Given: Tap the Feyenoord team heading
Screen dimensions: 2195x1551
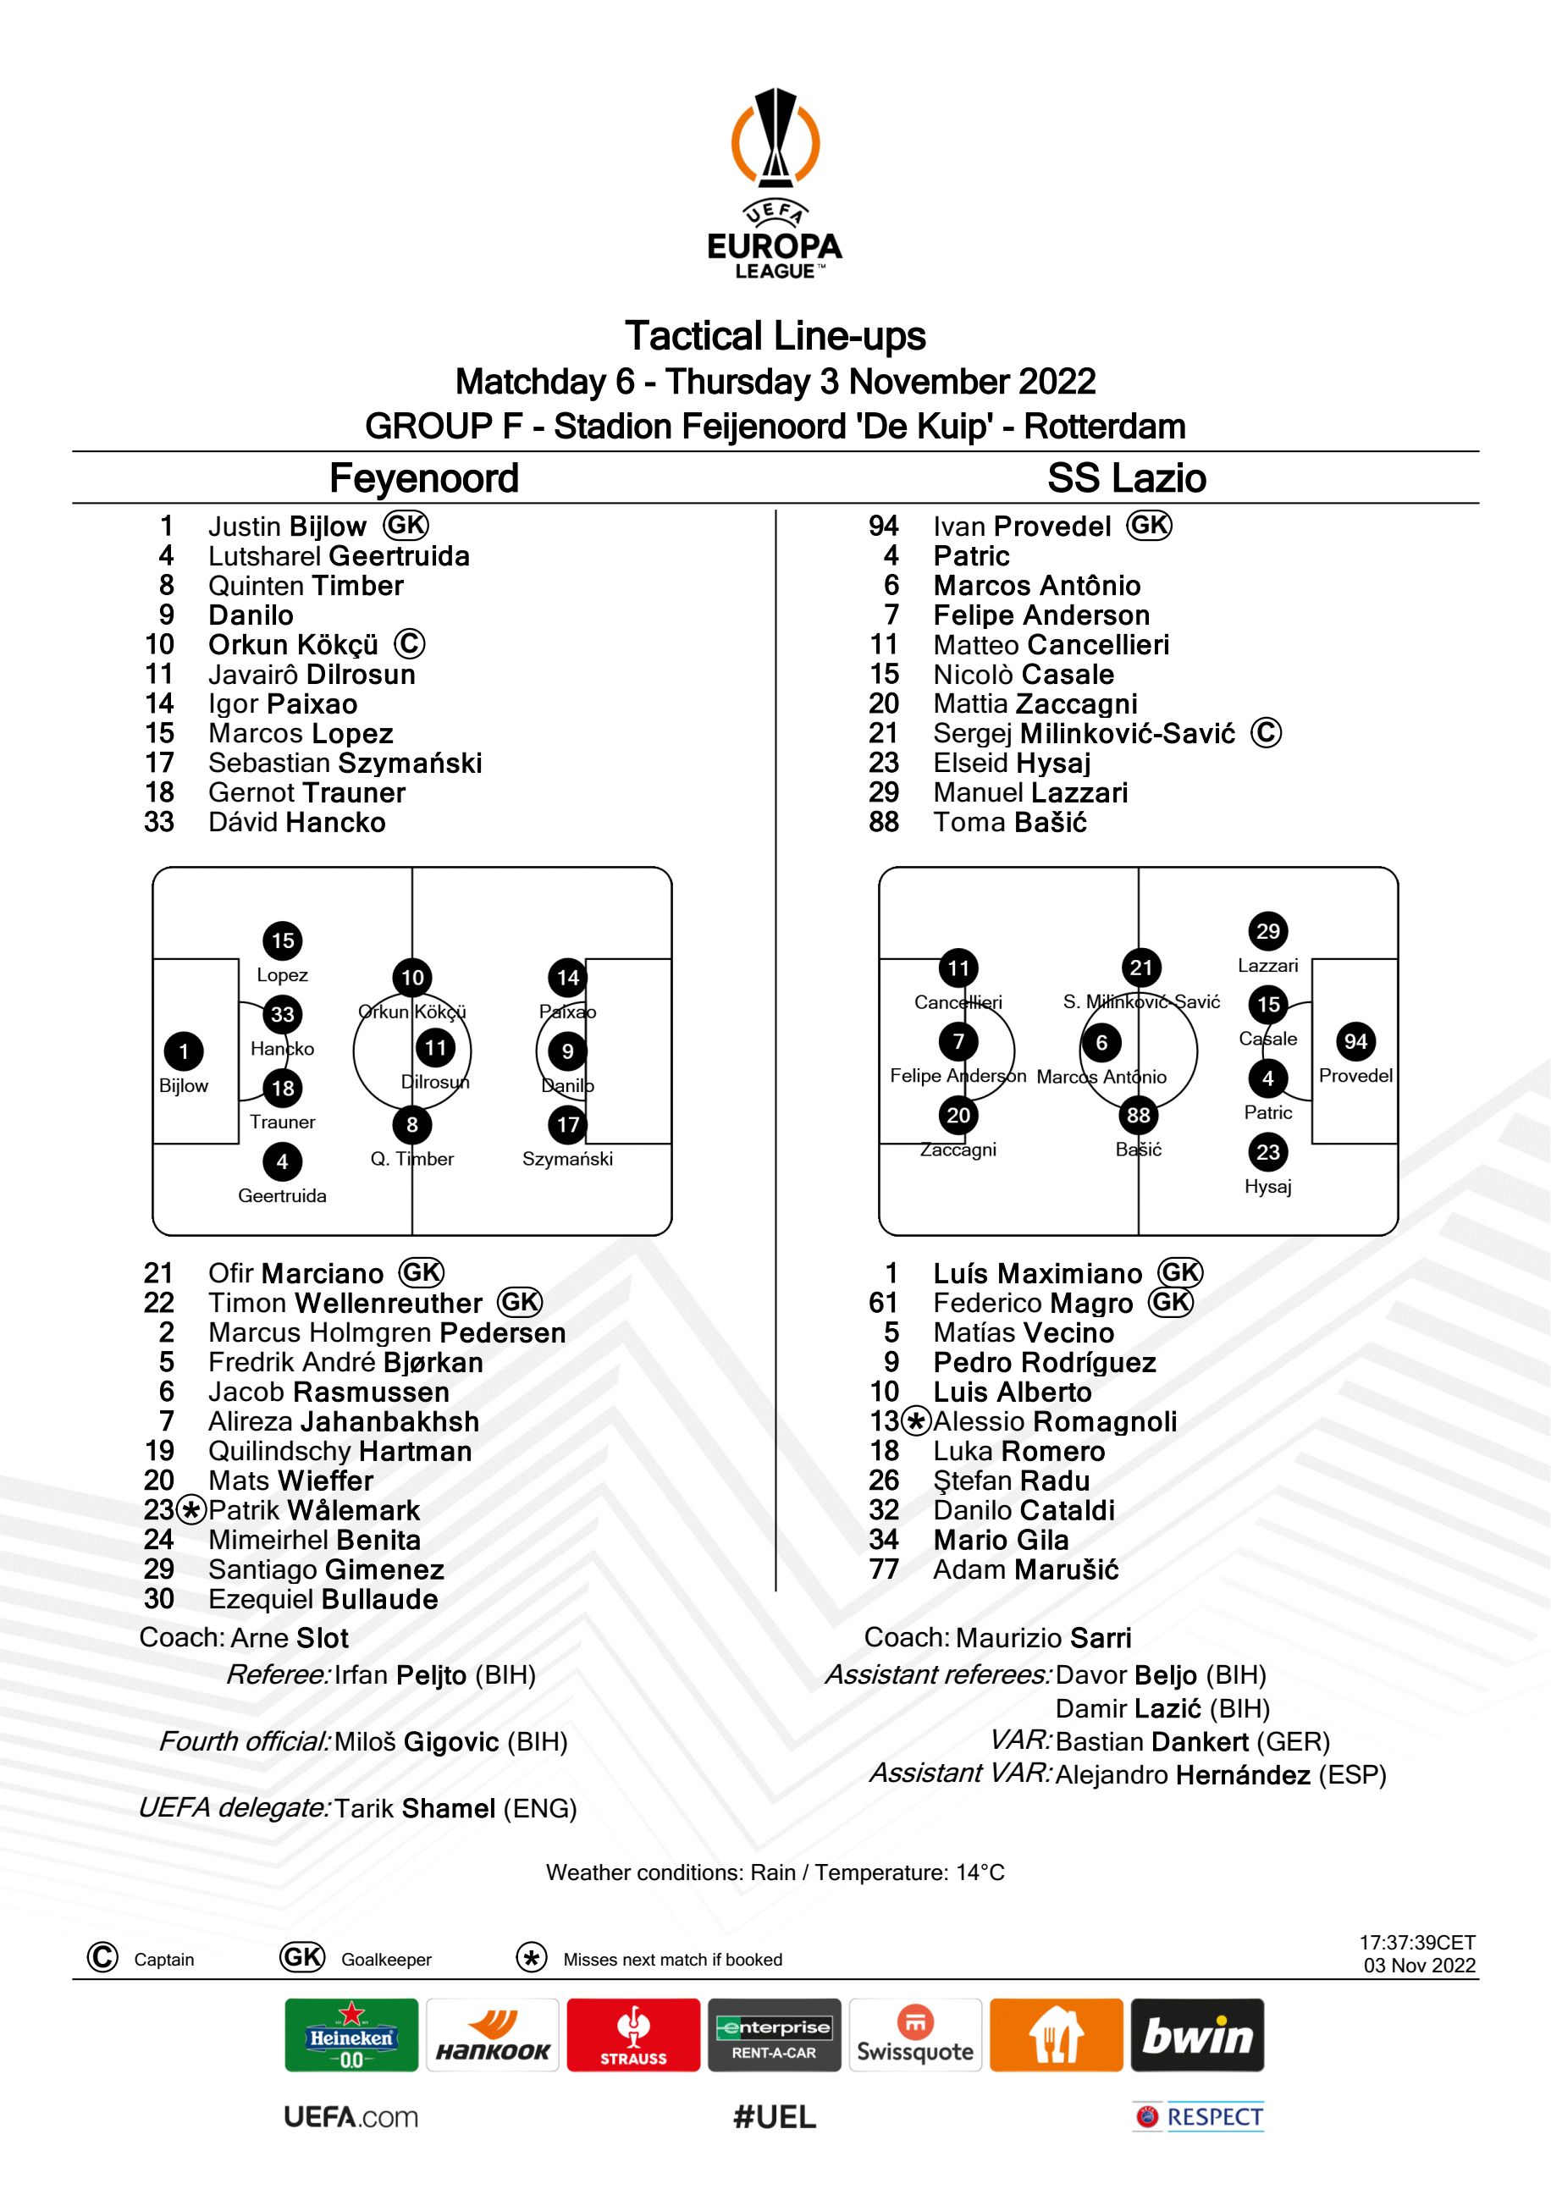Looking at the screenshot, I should pyautogui.click(x=423, y=478).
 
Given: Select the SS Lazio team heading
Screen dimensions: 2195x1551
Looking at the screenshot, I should pyautogui.click(x=1127, y=478).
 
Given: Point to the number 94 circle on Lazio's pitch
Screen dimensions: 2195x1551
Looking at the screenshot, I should pyautogui.click(x=1355, y=1041).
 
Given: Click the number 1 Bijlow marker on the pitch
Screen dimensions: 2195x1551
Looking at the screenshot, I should pyautogui.click(x=184, y=1051).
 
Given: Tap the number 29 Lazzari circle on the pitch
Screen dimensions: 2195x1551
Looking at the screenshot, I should pyautogui.click(x=1268, y=931).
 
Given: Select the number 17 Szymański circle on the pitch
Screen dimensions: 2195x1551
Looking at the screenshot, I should pyautogui.click(x=568, y=1124).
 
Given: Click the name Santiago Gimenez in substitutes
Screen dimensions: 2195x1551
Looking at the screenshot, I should pyautogui.click(x=326, y=1569).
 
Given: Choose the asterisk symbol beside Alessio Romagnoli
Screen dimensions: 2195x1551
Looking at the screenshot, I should pyautogui.click(x=916, y=1422).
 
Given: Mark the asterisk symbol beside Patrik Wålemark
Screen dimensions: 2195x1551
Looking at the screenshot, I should pyautogui.click(x=192, y=1510).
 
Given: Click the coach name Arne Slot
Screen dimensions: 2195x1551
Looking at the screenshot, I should pyautogui.click(x=290, y=1638).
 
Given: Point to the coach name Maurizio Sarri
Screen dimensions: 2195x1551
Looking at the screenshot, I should pyautogui.click(x=1043, y=1638).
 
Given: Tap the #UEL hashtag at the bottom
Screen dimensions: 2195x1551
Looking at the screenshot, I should pyautogui.click(x=775, y=2116).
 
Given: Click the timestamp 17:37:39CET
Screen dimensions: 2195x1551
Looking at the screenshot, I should pyautogui.click(x=1417, y=1943).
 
